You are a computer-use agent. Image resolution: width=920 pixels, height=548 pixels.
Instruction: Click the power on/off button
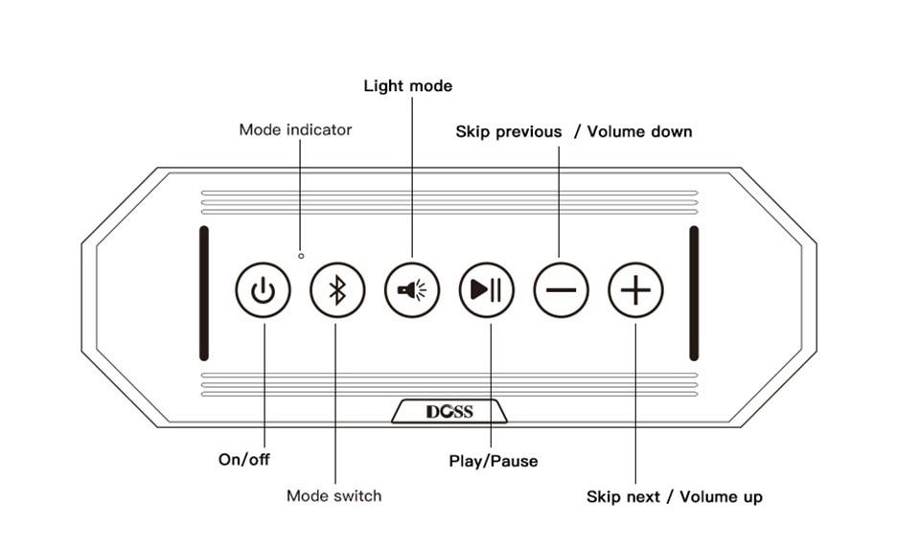(263, 289)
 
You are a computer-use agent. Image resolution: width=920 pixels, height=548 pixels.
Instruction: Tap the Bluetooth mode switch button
(337, 289)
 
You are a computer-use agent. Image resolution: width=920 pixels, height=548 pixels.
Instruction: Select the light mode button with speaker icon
(412, 289)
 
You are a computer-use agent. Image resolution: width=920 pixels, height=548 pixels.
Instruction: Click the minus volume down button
(562, 289)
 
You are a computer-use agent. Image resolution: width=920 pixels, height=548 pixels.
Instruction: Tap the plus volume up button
(635, 289)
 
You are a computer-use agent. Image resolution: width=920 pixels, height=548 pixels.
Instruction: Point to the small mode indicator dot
(301, 256)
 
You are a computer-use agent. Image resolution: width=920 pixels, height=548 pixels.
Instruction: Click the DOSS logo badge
(449, 412)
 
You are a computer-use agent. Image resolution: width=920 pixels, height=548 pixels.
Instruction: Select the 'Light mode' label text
(407, 86)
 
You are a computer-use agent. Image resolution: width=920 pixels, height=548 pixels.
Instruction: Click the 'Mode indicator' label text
(295, 129)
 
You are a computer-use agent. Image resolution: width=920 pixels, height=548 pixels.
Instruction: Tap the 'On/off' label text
(244, 459)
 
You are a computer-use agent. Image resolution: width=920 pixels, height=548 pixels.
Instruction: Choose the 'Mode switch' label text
(333, 495)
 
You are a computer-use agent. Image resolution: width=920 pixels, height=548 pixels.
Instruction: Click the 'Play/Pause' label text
(494, 461)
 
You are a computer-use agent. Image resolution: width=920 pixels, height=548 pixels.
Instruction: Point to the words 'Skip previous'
(508, 131)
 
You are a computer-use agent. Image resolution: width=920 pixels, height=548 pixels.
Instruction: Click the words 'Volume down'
(639, 131)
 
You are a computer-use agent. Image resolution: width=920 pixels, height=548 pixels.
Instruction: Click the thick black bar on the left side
(203, 292)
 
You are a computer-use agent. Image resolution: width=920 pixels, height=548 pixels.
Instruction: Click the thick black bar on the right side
(694, 292)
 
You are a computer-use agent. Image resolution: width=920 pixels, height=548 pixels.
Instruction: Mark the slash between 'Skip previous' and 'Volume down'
(577, 131)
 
